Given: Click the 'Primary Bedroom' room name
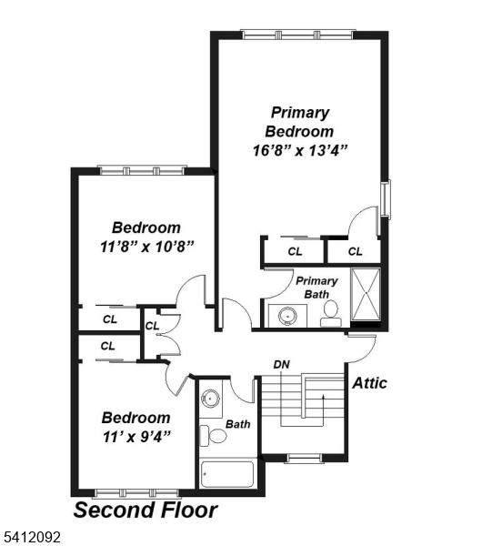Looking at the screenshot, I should pos(299,122).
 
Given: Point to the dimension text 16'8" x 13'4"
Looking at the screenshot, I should pos(299,149).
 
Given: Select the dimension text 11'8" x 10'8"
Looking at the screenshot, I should pos(146,246).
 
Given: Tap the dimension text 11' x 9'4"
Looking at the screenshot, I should pos(136,436).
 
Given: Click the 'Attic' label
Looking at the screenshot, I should pos(369,383).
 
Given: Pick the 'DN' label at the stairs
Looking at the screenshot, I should pos(282,365).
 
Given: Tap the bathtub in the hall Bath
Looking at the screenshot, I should pos(227,475).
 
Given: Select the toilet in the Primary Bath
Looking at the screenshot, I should pos(331,311).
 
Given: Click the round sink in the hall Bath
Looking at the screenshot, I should pos(211,398).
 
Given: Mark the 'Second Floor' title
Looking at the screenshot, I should pos(145,510).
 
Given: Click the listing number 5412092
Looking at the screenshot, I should pos(32,538).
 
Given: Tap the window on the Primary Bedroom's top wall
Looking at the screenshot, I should pos(298,35).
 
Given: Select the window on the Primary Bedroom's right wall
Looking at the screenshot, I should pos(386,199).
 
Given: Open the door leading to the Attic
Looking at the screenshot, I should pos(361,344).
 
